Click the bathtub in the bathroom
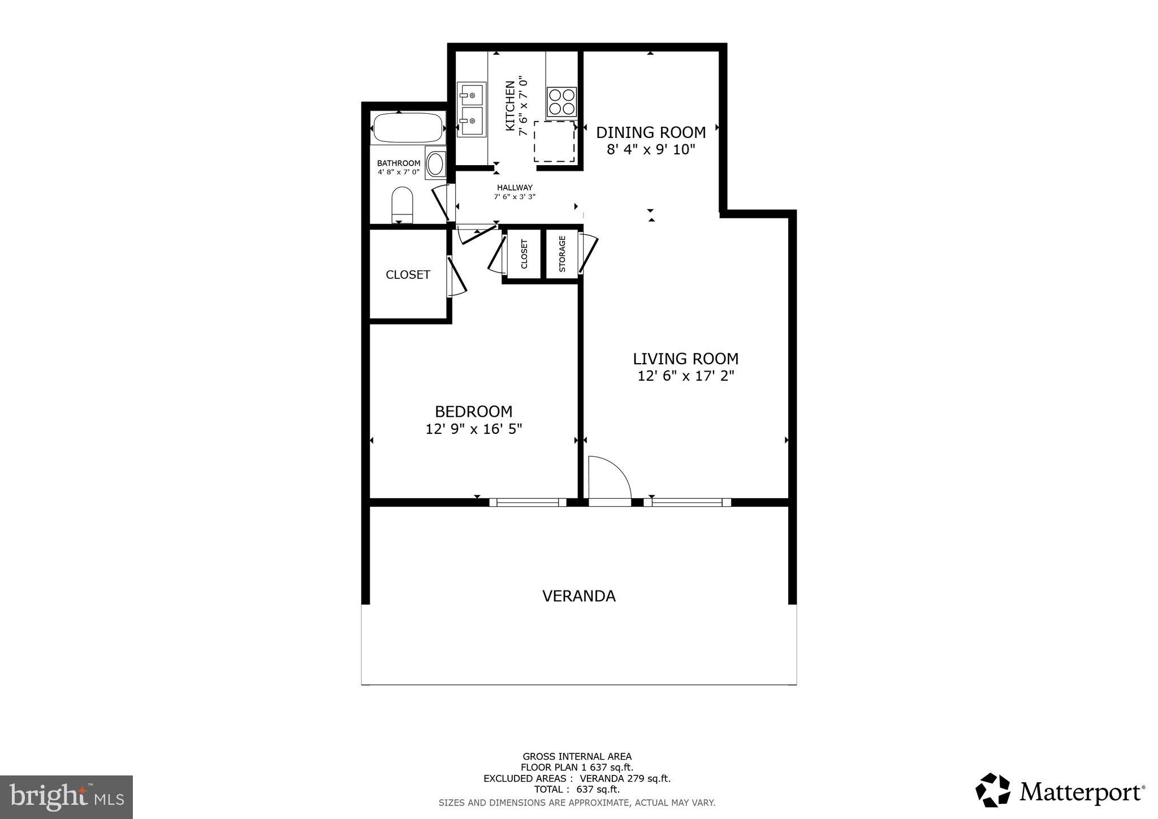pos(408,128)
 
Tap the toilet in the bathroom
pos(402,205)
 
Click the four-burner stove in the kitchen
pos(561,102)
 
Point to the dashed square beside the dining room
pos(554,141)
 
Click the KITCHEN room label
pos(510,106)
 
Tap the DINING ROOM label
pos(651,132)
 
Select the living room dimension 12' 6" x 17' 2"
pos(685,376)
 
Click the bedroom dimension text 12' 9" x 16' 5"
pos(473,429)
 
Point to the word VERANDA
pos(578,596)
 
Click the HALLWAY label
pos(515,188)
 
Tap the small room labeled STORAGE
pos(562,254)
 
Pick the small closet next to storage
pos(524,254)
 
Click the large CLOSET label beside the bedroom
pos(408,275)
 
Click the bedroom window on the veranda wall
pos(528,502)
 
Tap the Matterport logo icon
pos(993,790)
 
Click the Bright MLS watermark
pos(66,797)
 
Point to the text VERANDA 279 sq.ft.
pos(625,778)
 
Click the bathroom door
pos(442,202)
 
